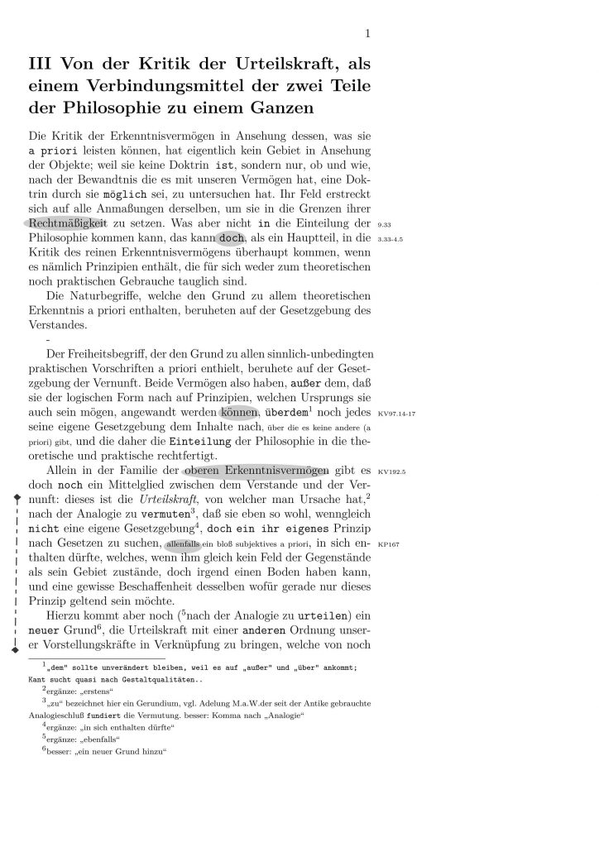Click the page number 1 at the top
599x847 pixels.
(x=367, y=34)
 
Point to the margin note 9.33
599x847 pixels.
(x=383, y=224)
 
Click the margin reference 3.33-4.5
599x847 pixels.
(x=390, y=239)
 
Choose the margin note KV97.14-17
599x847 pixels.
(x=395, y=412)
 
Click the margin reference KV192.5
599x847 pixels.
(x=389, y=471)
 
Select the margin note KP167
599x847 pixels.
(x=386, y=546)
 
